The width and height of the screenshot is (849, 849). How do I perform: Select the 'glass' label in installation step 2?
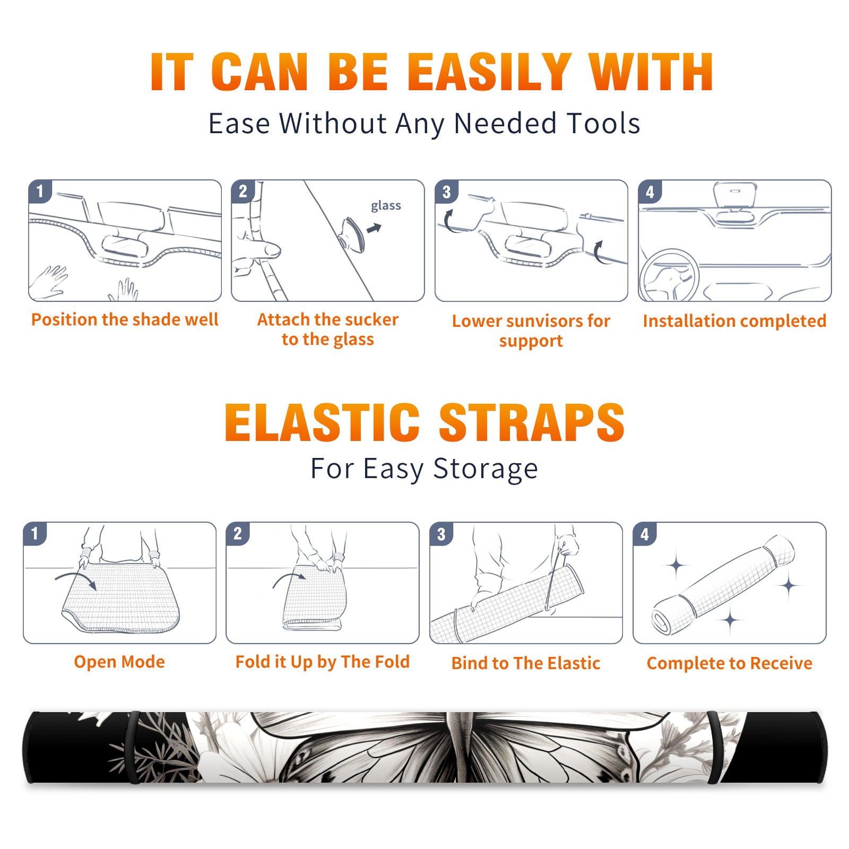[x=386, y=206]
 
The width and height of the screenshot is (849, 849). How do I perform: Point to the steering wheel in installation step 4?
[x=669, y=276]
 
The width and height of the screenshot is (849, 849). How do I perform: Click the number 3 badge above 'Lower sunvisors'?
[x=446, y=192]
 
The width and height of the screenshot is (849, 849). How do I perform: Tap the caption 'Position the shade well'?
[x=125, y=319]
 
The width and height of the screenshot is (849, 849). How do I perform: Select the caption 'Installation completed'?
[x=734, y=321]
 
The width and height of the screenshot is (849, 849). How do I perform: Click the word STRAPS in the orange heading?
[x=532, y=422]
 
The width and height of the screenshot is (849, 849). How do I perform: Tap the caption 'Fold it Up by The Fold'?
[x=323, y=662]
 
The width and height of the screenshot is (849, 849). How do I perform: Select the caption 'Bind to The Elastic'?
[x=526, y=663]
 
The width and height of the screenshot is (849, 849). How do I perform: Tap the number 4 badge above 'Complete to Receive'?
[x=645, y=534]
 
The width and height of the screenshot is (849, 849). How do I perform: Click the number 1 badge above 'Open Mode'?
[x=35, y=534]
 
